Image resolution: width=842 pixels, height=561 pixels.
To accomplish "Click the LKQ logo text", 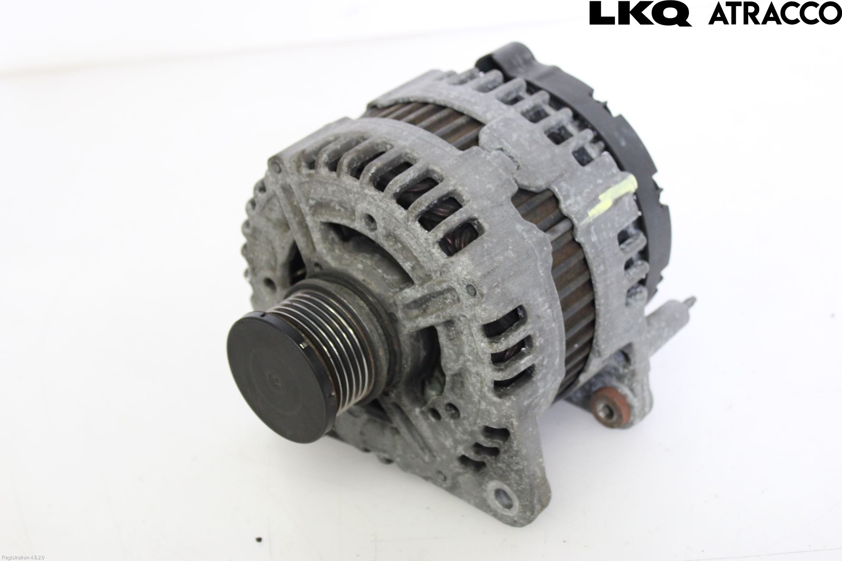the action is [x=640, y=13].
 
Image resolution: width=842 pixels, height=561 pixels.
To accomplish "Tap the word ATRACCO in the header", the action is [x=775, y=14].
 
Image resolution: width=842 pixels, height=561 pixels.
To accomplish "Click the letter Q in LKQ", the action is [x=671, y=14].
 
